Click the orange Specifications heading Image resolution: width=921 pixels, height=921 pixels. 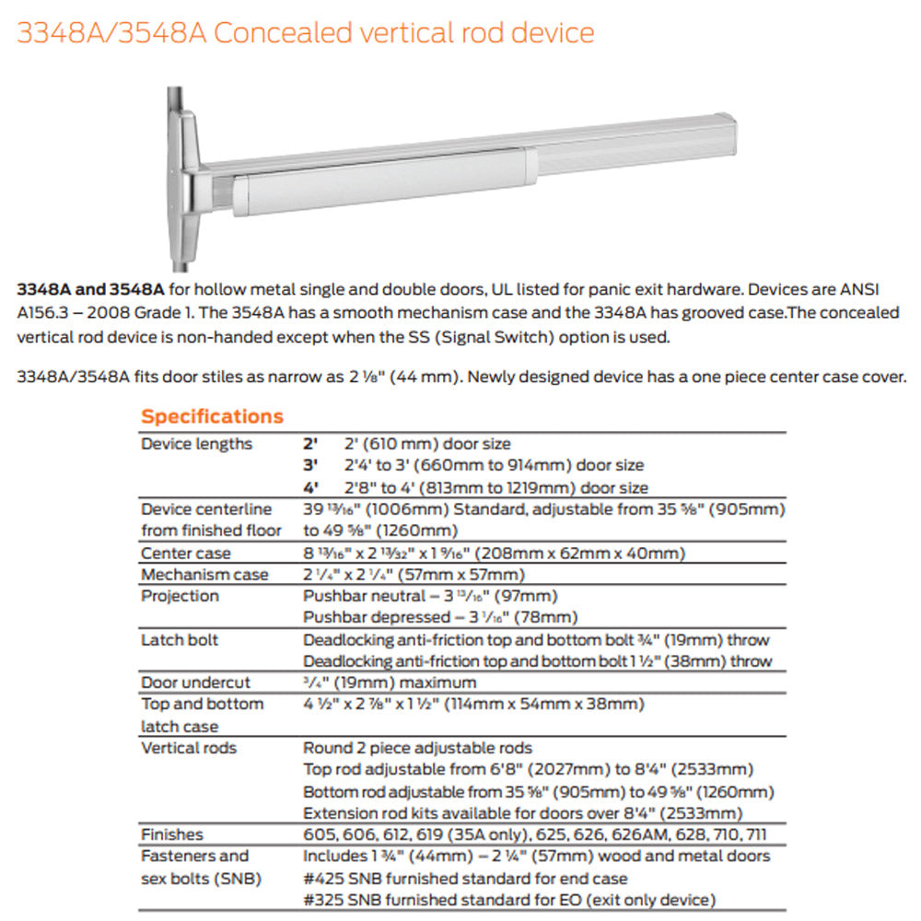pyautogui.click(x=212, y=416)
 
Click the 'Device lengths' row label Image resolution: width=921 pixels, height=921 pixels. pyautogui.click(x=196, y=444)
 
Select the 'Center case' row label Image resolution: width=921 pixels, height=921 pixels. pyautogui.click(x=186, y=554)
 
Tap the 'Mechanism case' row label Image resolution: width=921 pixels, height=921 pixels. pyautogui.click(x=204, y=575)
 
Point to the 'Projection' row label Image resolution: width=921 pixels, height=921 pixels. pyautogui.click(x=180, y=596)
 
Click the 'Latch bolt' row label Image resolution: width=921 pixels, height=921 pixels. pyautogui.click(x=180, y=639)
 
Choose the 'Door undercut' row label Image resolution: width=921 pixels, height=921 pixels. pyautogui.click(x=195, y=682)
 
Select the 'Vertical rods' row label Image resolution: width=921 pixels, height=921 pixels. pyautogui.click(x=189, y=748)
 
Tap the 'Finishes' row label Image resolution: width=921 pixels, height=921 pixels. pyautogui.click(x=172, y=834)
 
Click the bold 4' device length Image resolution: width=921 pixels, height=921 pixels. pyautogui.click(x=311, y=488)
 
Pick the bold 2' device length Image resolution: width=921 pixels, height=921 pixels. pyautogui.click(x=311, y=444)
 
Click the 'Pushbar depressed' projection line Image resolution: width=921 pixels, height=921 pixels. pyautogui.click(x=440, y=617)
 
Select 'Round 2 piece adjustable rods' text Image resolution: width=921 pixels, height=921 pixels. pyautogui.click(x=417, y=748)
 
